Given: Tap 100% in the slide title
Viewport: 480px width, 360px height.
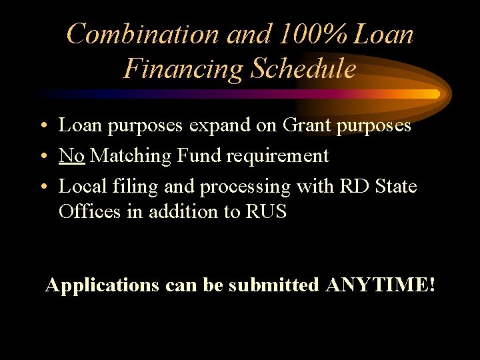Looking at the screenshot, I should pos(307,34).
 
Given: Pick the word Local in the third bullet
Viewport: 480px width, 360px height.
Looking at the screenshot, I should pos(81,186).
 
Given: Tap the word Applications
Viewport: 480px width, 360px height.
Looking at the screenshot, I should pos(102,285).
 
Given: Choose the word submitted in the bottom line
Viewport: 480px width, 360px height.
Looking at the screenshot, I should pos(273,285).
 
